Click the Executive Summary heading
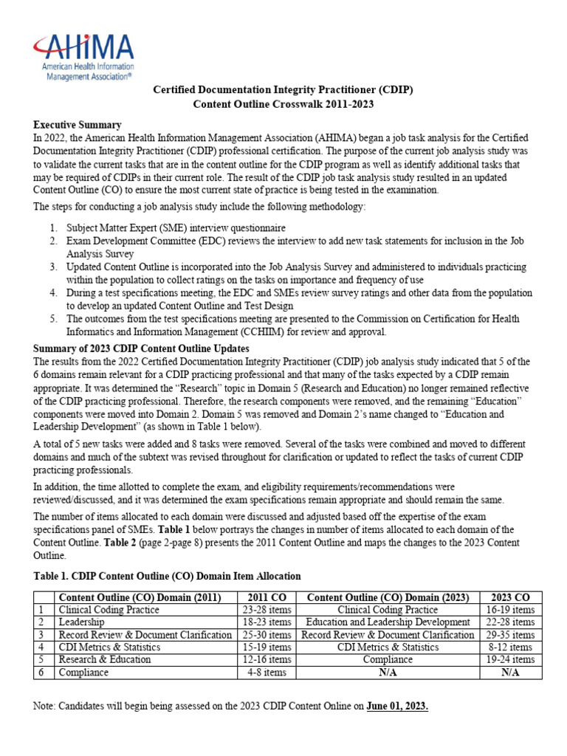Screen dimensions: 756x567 [78, 125]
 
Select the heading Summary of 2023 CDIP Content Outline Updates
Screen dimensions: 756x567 [141, 348]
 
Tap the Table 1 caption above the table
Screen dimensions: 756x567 [167, 576]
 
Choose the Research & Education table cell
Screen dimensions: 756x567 [104, 660]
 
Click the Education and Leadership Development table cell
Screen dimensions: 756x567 [388, 622]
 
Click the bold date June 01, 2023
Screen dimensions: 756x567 [397, 707]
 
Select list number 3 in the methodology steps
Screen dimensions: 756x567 [53, 267]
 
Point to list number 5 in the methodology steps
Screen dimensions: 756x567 [53, 319]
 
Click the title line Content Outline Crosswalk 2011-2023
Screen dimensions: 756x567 [283, 104]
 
